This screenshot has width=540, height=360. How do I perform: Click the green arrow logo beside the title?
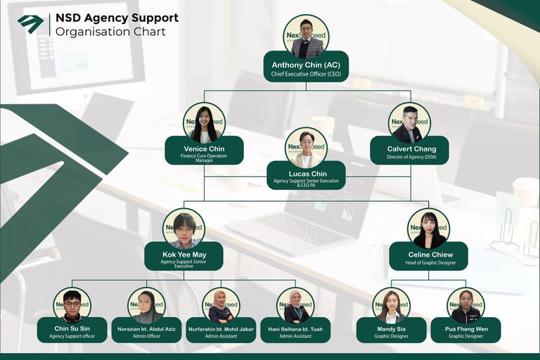tap(30, 23)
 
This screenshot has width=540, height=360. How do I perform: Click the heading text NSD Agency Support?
tap(117, 18)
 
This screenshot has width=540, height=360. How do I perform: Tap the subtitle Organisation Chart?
tap(110, 32)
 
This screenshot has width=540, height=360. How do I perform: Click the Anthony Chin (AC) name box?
tap(306, 67)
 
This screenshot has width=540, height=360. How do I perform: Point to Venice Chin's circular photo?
tap(204, 124)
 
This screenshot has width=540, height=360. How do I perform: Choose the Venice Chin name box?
tap(204, 151)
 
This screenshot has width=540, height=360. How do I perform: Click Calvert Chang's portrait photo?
tap(409, 124)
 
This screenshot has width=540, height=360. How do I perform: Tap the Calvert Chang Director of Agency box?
tap(409, 151)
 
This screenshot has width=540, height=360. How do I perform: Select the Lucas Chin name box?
tap(307, 176)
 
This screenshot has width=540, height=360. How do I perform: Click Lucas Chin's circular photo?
tap(306, 148)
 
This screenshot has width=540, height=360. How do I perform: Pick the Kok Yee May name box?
tap(184, 257)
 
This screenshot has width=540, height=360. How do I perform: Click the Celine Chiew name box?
tap(428, 257)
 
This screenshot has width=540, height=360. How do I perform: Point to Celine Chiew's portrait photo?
tap(428, 229)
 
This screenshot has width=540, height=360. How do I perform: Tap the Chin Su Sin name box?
tap(72, 330)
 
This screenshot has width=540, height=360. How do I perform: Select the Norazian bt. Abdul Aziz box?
tap(146, 330)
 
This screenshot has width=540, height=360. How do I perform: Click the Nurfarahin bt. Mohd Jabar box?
tap(221, 330)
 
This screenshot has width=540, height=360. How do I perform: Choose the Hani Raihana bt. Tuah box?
tap(295, 330)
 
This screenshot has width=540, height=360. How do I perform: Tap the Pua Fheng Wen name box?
tap(465, 330)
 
